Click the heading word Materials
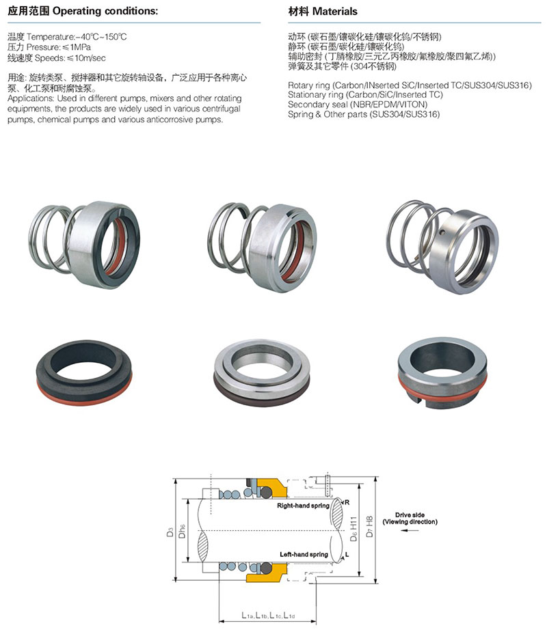click(334, 11)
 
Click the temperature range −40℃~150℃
click(101, 37)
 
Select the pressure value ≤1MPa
click(77, 47)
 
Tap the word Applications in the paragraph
click(30, 99)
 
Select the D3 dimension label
click(170, 532)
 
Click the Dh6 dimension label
click(182, 531)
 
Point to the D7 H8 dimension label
click(369, 526)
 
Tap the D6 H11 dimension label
click(353, 529)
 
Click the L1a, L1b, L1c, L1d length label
click(268, 615)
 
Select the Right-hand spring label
click(303, 506)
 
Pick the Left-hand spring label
click(304, 554)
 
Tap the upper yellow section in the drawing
click(271, 487)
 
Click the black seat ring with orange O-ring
click(84, 372)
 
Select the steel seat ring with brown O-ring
click(262, 372)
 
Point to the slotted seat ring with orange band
click(442, 373)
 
